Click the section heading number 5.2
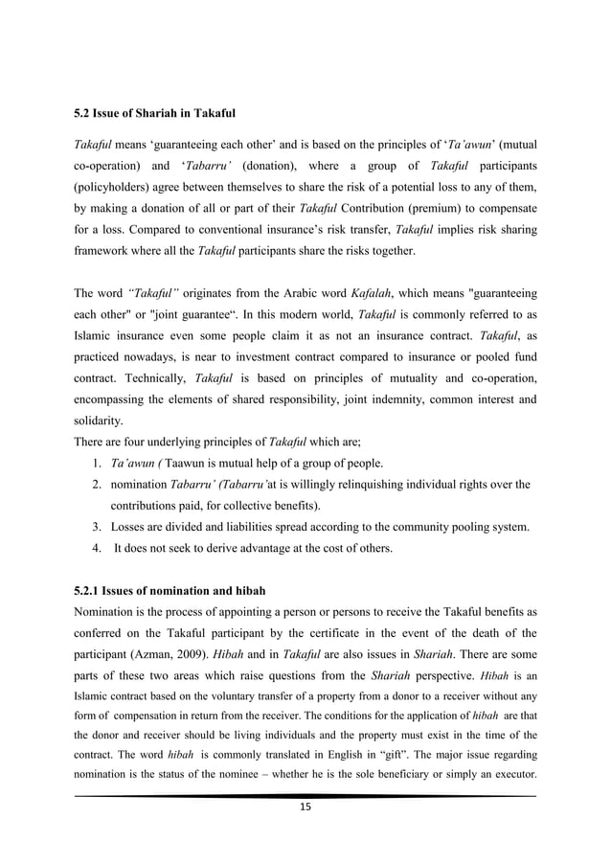point(83,115)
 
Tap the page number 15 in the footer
point(305,807)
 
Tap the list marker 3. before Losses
point(99,526)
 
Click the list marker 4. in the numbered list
point(99,548)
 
